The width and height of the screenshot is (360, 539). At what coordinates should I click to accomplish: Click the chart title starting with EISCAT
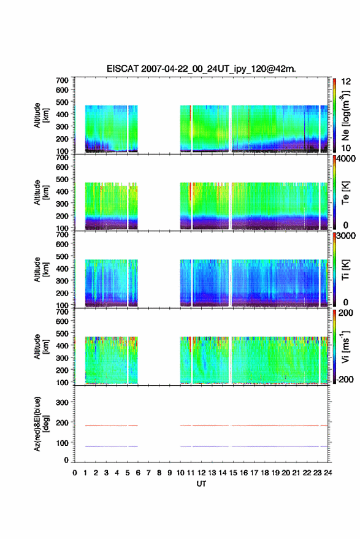[x=201, y=69]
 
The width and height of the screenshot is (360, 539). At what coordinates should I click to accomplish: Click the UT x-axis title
[x=201, y=484]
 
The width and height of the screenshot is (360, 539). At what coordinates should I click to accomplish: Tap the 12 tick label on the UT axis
[x=201, y=473]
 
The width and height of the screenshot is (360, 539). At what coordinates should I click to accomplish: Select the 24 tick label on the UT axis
[x=327, y=473]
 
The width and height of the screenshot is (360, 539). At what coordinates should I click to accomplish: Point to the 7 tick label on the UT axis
[x=148, y=473]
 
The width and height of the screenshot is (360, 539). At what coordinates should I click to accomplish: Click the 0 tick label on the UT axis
[x=75, y=473]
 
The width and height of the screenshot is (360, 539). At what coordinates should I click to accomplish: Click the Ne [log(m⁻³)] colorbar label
[x=345, y=115]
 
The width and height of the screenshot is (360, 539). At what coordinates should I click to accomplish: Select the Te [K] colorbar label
[x=345, y=193]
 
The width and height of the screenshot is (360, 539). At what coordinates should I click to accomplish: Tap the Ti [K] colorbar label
[x=345, y=270]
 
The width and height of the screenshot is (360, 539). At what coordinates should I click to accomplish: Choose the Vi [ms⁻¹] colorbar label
[x=345, y=346]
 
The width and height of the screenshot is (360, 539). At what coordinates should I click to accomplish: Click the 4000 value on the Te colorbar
[x=346, y=159]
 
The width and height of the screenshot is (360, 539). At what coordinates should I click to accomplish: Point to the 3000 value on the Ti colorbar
[x=346, y=236]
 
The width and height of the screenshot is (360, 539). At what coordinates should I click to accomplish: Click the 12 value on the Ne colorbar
[x=346, y=82]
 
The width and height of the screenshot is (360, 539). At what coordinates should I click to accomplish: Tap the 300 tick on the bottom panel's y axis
[x=62, y=402]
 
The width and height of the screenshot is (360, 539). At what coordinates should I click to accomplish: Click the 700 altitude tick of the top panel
[x=62, y=80]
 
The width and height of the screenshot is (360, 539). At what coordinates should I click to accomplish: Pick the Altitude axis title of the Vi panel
[x=41, y=346]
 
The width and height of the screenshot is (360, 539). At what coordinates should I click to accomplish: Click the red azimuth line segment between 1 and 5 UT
[x=106, y=426]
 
